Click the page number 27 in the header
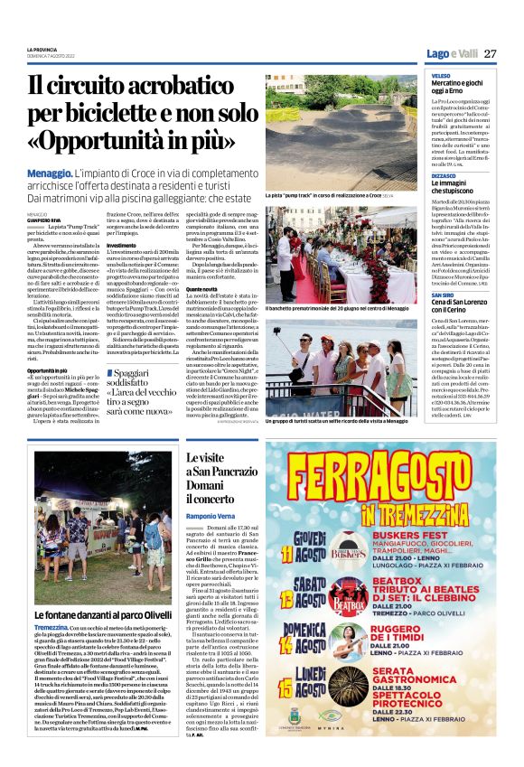click(x=490, y=53)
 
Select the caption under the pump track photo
click(x=316, y=195)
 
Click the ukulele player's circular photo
click(x=357, y=653)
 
